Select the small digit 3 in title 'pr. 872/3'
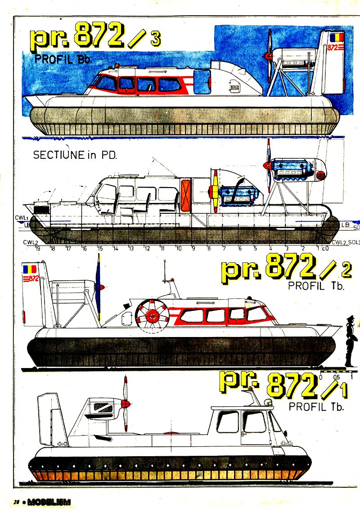(x=155, y=39)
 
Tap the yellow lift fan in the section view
(x=215, y=191)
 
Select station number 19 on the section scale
(x=38, y=248)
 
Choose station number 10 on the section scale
(x=178, y=248)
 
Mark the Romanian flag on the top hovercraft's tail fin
(x=335, y=36)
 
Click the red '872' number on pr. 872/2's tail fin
(x=31, y=279)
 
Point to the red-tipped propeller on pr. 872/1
(x=126, y=404)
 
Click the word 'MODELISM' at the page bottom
(x=49, y=502)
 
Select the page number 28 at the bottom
(x=16, y=502)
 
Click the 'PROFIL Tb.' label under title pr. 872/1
(x=316, y=407)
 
